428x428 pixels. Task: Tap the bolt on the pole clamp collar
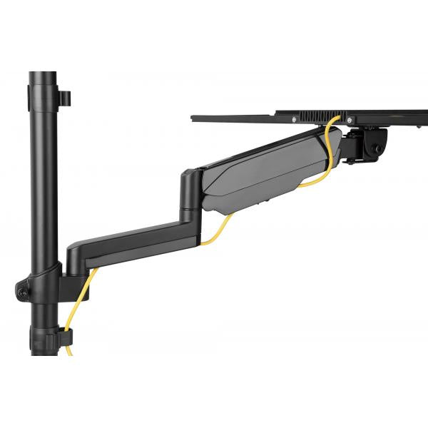pyautogui.click(x=23, y=291)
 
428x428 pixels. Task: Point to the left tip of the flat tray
pyautogui.click(x=194, y=118)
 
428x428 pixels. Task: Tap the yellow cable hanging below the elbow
pyautogui.click(x=218, y=230)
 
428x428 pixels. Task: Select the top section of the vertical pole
pyautogui.click(x=43, y=93)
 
